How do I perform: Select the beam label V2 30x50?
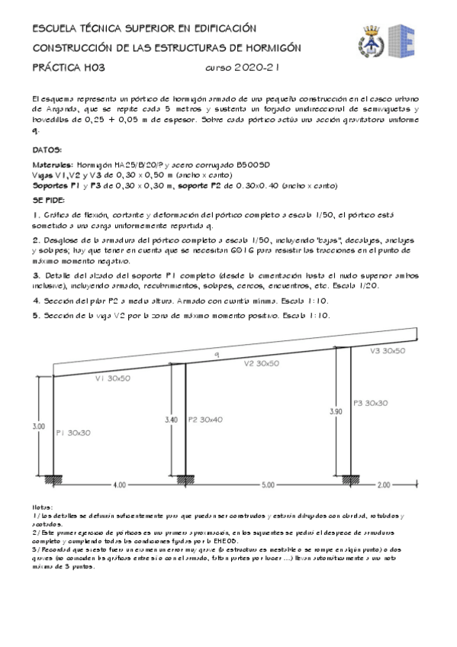[x=262, y=364]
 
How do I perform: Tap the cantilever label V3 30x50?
[x=388, y=351]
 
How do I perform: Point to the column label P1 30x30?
[x=73, y=433]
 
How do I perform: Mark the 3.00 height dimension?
[x=39, y=426]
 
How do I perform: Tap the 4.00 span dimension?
[x=119, y=484]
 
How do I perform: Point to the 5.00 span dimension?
[x=267, y=484]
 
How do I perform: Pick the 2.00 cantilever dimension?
[x=383, y=484]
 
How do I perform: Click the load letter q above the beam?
[x=217, y=355]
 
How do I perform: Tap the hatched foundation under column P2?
[x=184, y=478]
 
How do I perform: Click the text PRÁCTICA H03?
[x=68, y=68]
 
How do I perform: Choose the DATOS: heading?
[x=47, y=150]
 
